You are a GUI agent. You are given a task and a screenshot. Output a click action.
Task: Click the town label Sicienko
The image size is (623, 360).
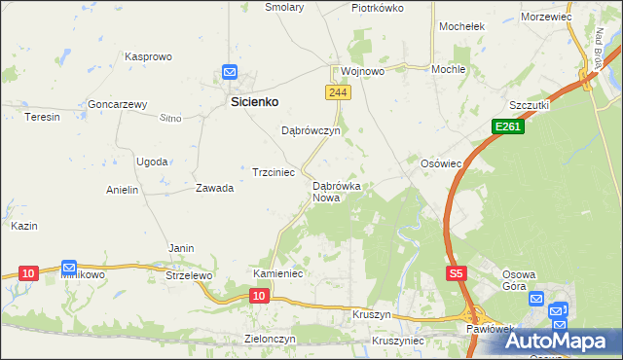(255, 100)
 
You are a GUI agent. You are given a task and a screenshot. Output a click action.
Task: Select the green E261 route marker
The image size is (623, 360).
(507, 126)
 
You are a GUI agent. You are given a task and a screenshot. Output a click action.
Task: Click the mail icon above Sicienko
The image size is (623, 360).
(230, 72)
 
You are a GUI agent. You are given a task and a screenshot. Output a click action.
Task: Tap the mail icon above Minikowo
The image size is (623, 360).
(69, 267)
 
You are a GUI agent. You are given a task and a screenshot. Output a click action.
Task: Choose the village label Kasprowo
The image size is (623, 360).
(148, 56)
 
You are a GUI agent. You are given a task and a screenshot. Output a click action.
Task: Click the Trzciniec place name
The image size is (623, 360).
(274, 171)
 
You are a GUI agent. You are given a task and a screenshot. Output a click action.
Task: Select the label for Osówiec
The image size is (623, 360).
(441, 163)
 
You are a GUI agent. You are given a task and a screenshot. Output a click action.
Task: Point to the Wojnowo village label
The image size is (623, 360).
(362, 72)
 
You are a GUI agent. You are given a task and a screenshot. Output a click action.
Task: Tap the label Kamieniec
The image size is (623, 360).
(279, 274)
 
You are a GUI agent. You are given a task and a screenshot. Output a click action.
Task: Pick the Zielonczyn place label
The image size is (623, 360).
(270, 339)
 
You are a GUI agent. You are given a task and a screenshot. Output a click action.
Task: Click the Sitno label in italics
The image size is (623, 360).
(170, 118)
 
